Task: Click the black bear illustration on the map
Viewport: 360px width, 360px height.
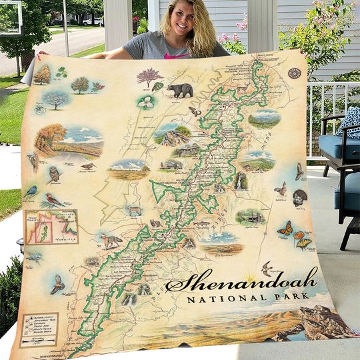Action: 179,90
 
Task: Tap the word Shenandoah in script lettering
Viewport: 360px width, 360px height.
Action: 241,281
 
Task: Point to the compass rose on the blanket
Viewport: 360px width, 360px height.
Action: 294,73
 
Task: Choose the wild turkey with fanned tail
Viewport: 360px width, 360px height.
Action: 300,197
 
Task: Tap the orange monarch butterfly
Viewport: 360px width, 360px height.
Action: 285,229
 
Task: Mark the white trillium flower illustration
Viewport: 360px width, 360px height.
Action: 145,102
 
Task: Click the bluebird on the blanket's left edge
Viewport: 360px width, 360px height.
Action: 31,192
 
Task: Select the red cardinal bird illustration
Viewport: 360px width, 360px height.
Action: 54,200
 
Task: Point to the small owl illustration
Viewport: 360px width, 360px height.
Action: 54,174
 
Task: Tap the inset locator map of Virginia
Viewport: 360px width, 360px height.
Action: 51,227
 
